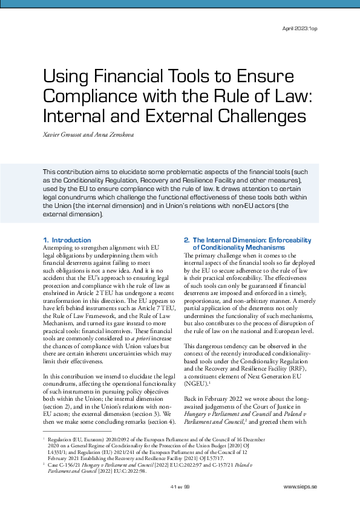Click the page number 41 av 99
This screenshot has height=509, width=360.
coord(180,487)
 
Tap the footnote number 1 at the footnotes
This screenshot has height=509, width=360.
coord(44,435)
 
